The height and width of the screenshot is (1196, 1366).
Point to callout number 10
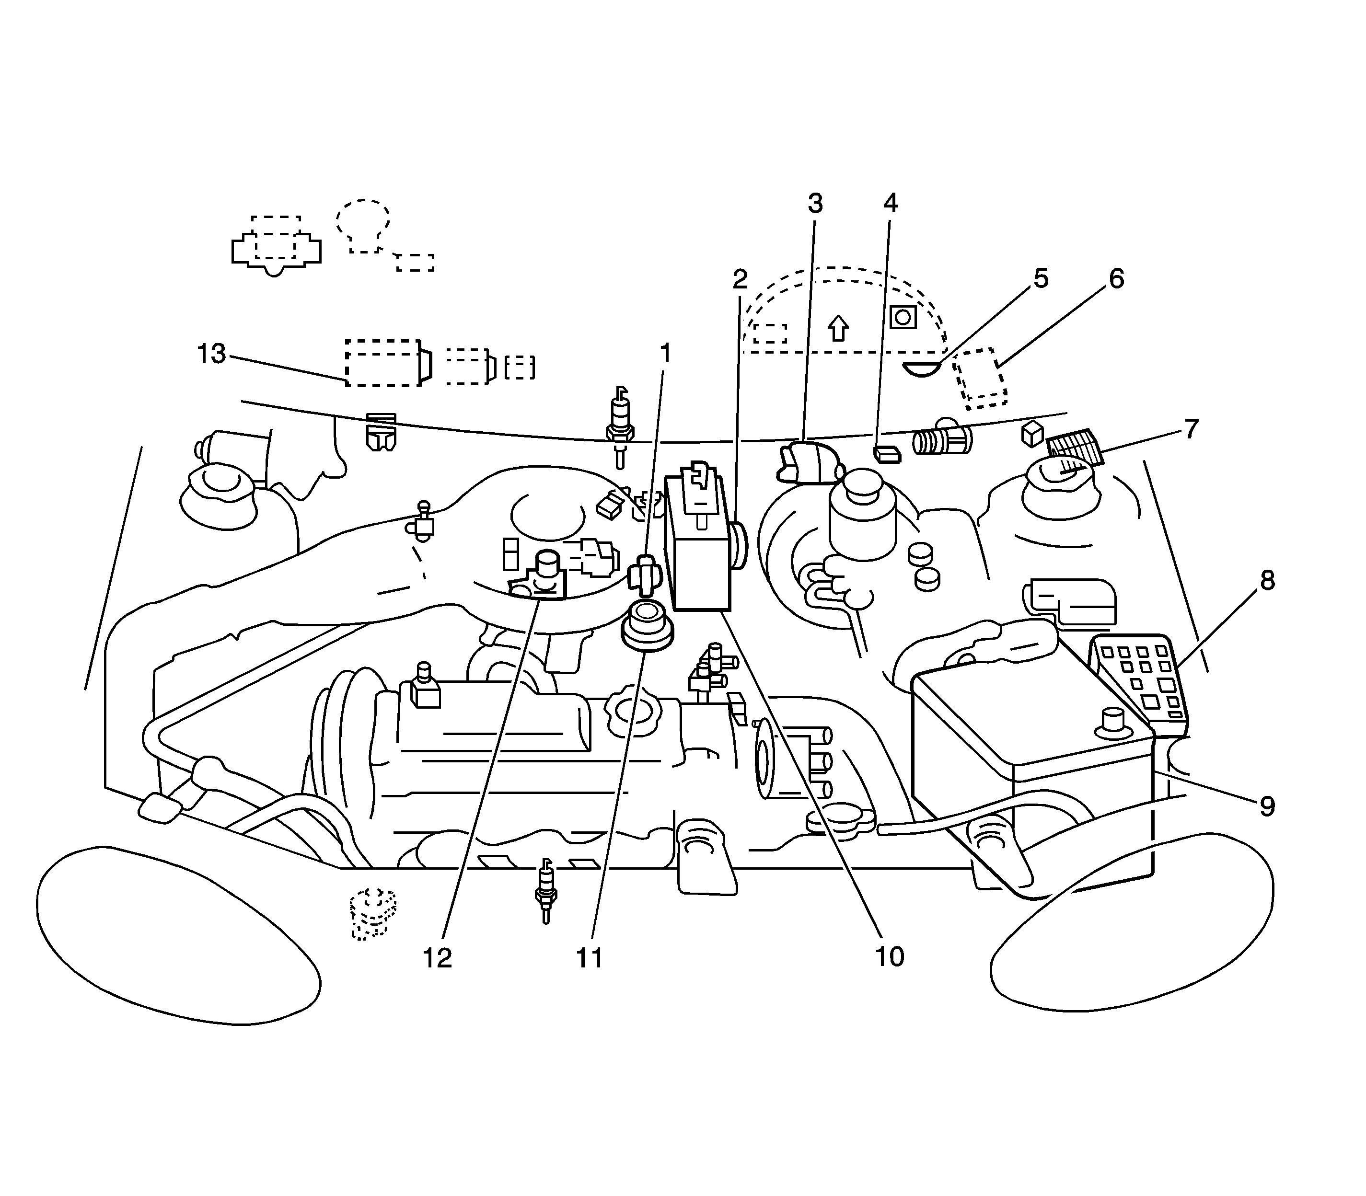click(889, 956)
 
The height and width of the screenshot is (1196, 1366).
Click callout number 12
click(437, 958)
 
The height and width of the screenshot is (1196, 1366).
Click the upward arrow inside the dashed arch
click(838, 328)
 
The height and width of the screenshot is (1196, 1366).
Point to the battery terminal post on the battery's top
click(1113, 723)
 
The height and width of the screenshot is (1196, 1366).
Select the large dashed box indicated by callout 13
click(382, 362)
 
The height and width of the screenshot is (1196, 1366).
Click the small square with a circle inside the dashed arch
click(903, 317)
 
